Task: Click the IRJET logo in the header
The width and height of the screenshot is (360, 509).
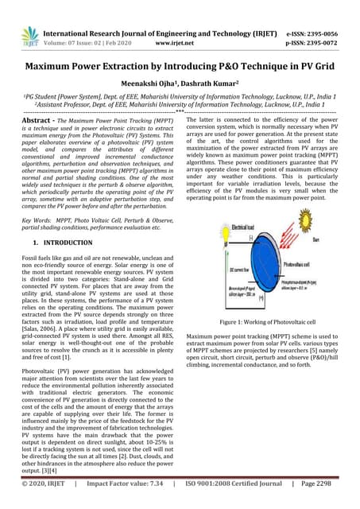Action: tap(29, 35)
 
